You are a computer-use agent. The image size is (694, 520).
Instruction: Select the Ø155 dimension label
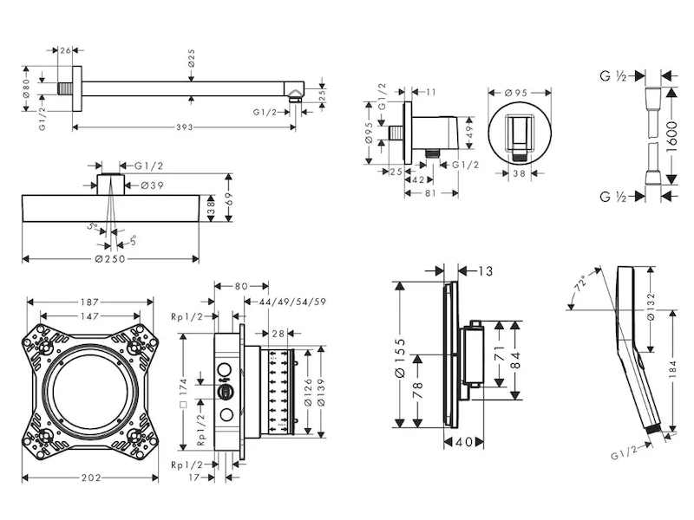coord(402,354)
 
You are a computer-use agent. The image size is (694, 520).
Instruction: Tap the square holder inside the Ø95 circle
coord(518,133)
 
